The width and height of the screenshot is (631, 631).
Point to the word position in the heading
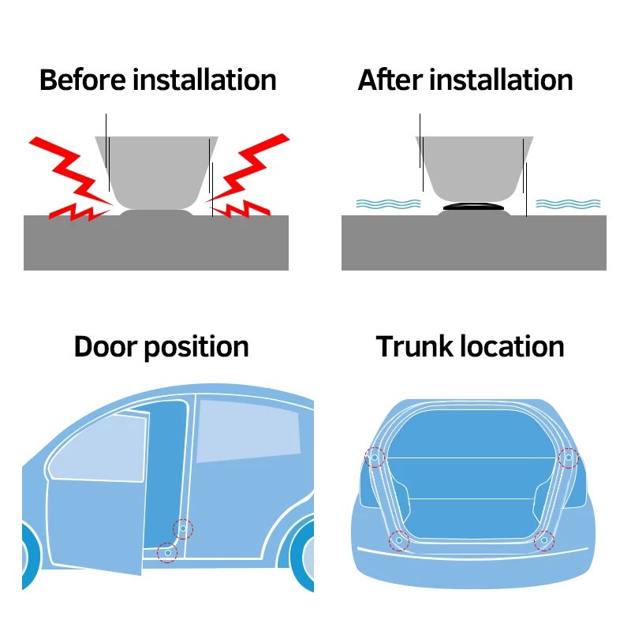(197, 348)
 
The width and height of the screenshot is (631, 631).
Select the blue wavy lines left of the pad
(383, 203)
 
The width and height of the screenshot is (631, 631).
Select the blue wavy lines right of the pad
(564, 203)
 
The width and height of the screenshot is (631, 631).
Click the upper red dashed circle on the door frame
(183, 528)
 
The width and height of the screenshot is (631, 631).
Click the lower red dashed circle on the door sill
(166, 552)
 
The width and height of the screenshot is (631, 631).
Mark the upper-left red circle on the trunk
(375, 457)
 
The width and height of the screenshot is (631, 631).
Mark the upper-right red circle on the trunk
(568, 457)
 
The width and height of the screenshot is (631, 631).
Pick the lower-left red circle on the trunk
(399, 541)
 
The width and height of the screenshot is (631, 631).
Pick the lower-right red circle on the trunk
(543, 541)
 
